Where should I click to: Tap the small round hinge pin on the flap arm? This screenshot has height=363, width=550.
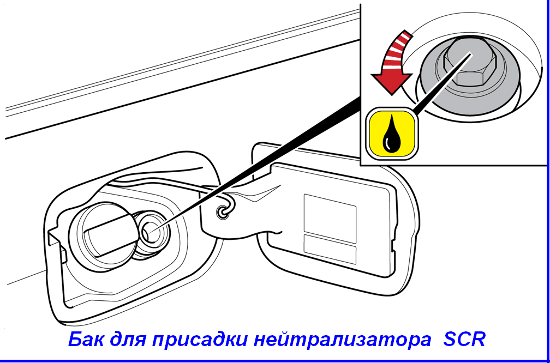click(x=222, y=212)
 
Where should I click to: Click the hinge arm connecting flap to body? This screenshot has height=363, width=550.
click(x=238, y=214)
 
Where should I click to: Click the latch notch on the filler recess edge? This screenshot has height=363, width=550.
click(x=57, y=245)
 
